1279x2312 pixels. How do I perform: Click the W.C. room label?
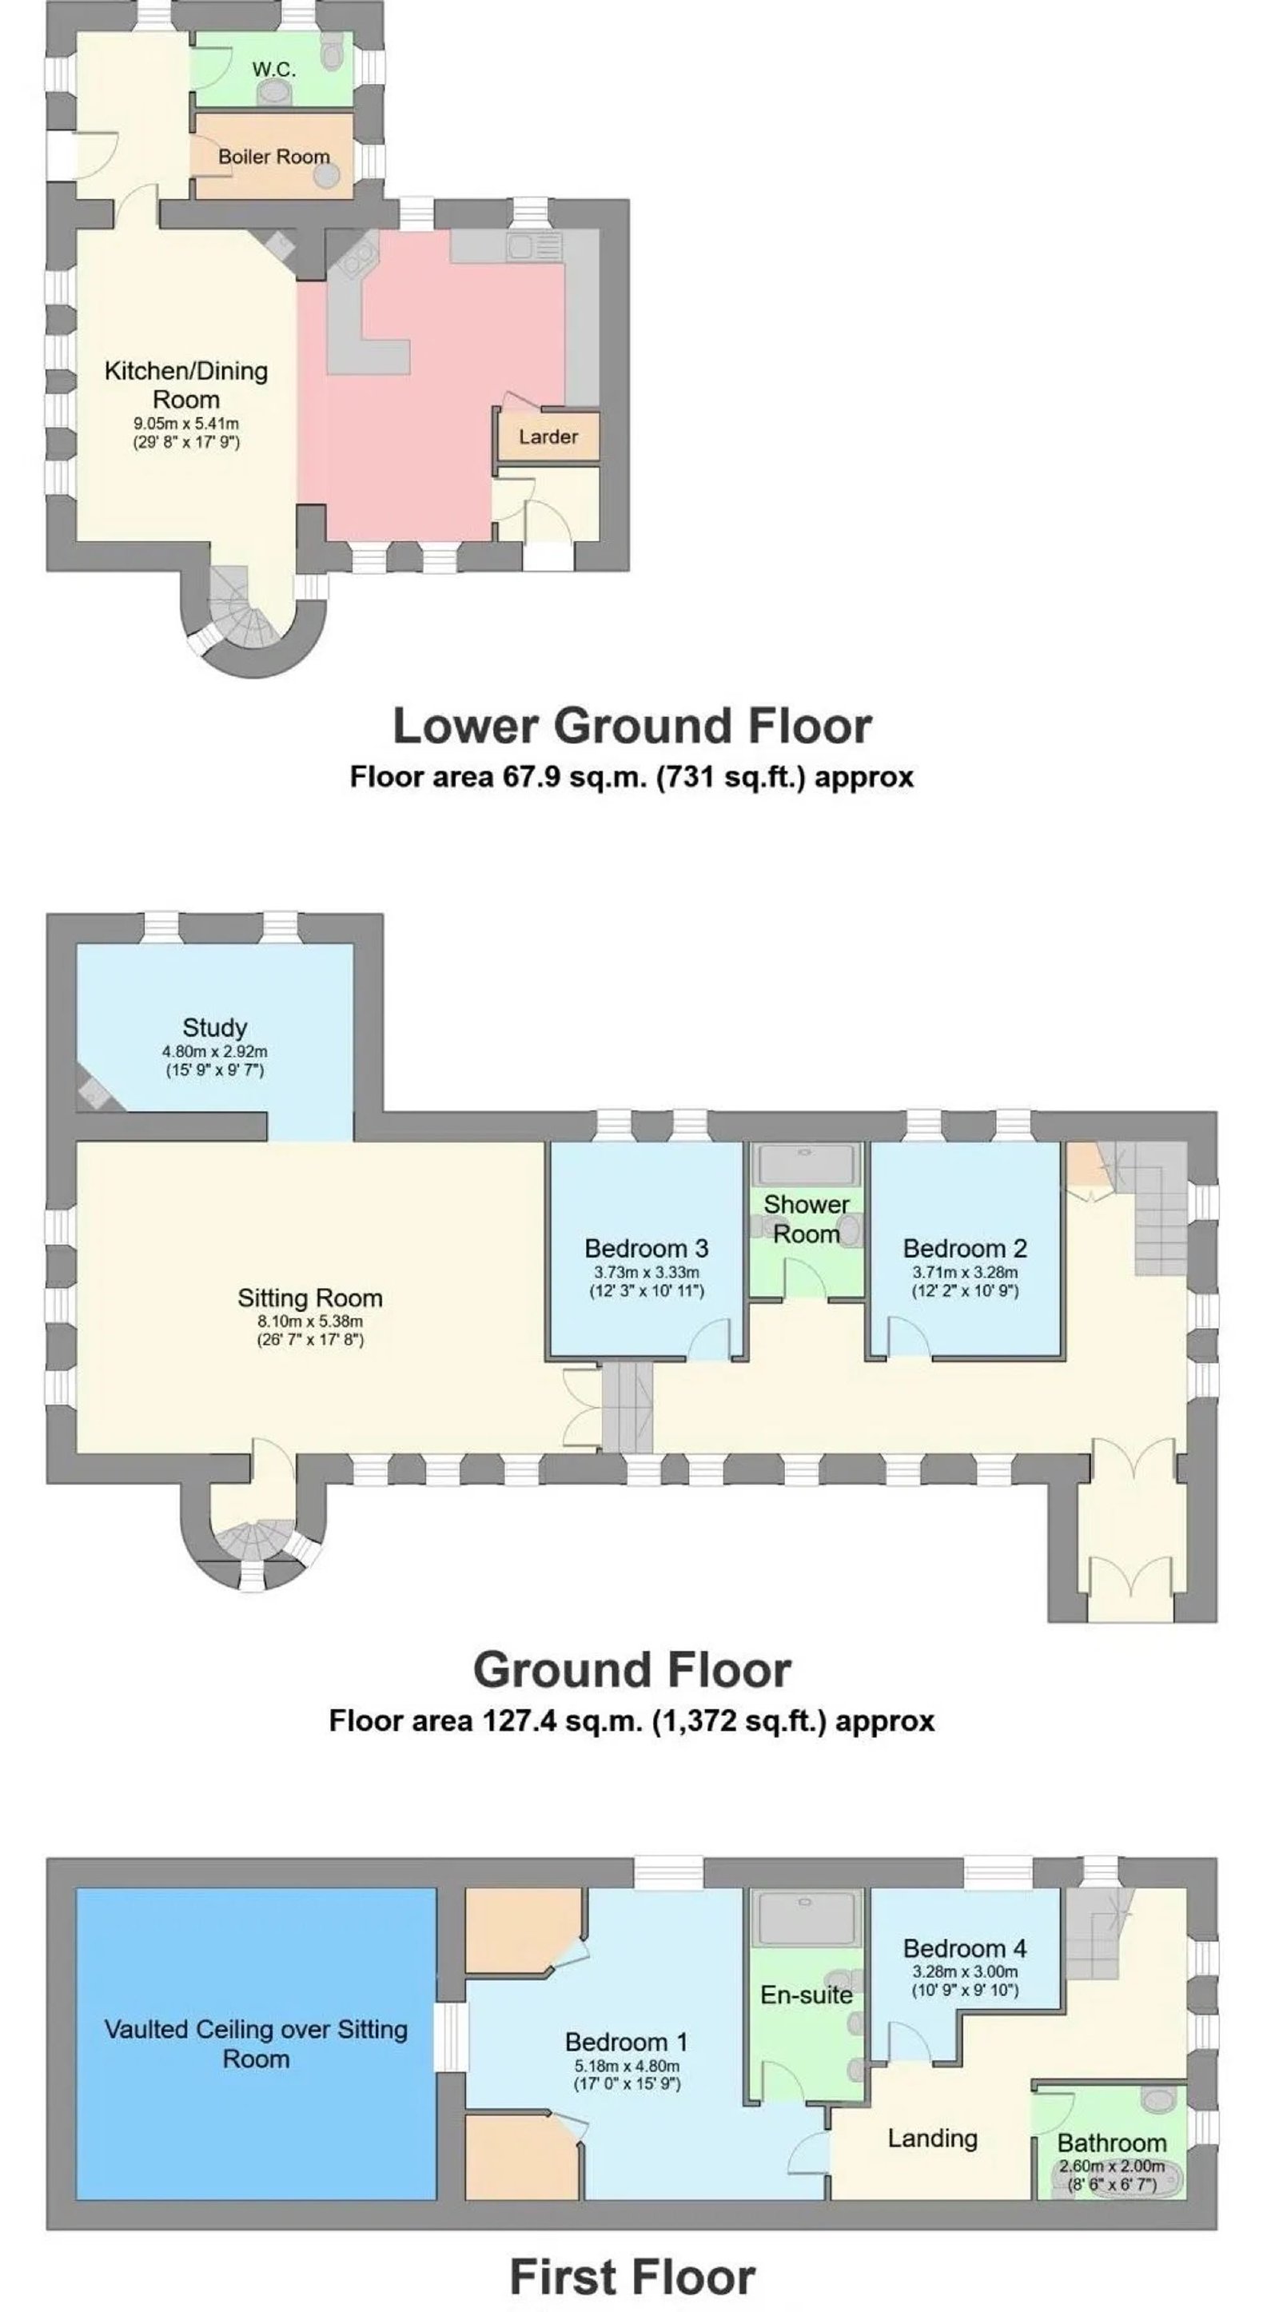273,69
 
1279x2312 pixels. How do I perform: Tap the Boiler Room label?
273,156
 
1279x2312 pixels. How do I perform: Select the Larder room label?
548,436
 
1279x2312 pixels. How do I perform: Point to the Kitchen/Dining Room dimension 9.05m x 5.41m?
187,424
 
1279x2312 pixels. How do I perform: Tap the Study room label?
214,1027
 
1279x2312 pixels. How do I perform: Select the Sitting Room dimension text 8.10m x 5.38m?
309,1321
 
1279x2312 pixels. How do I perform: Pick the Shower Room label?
806,1219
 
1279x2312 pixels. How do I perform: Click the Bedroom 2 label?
965,1249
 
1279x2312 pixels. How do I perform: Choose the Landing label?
933,2139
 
